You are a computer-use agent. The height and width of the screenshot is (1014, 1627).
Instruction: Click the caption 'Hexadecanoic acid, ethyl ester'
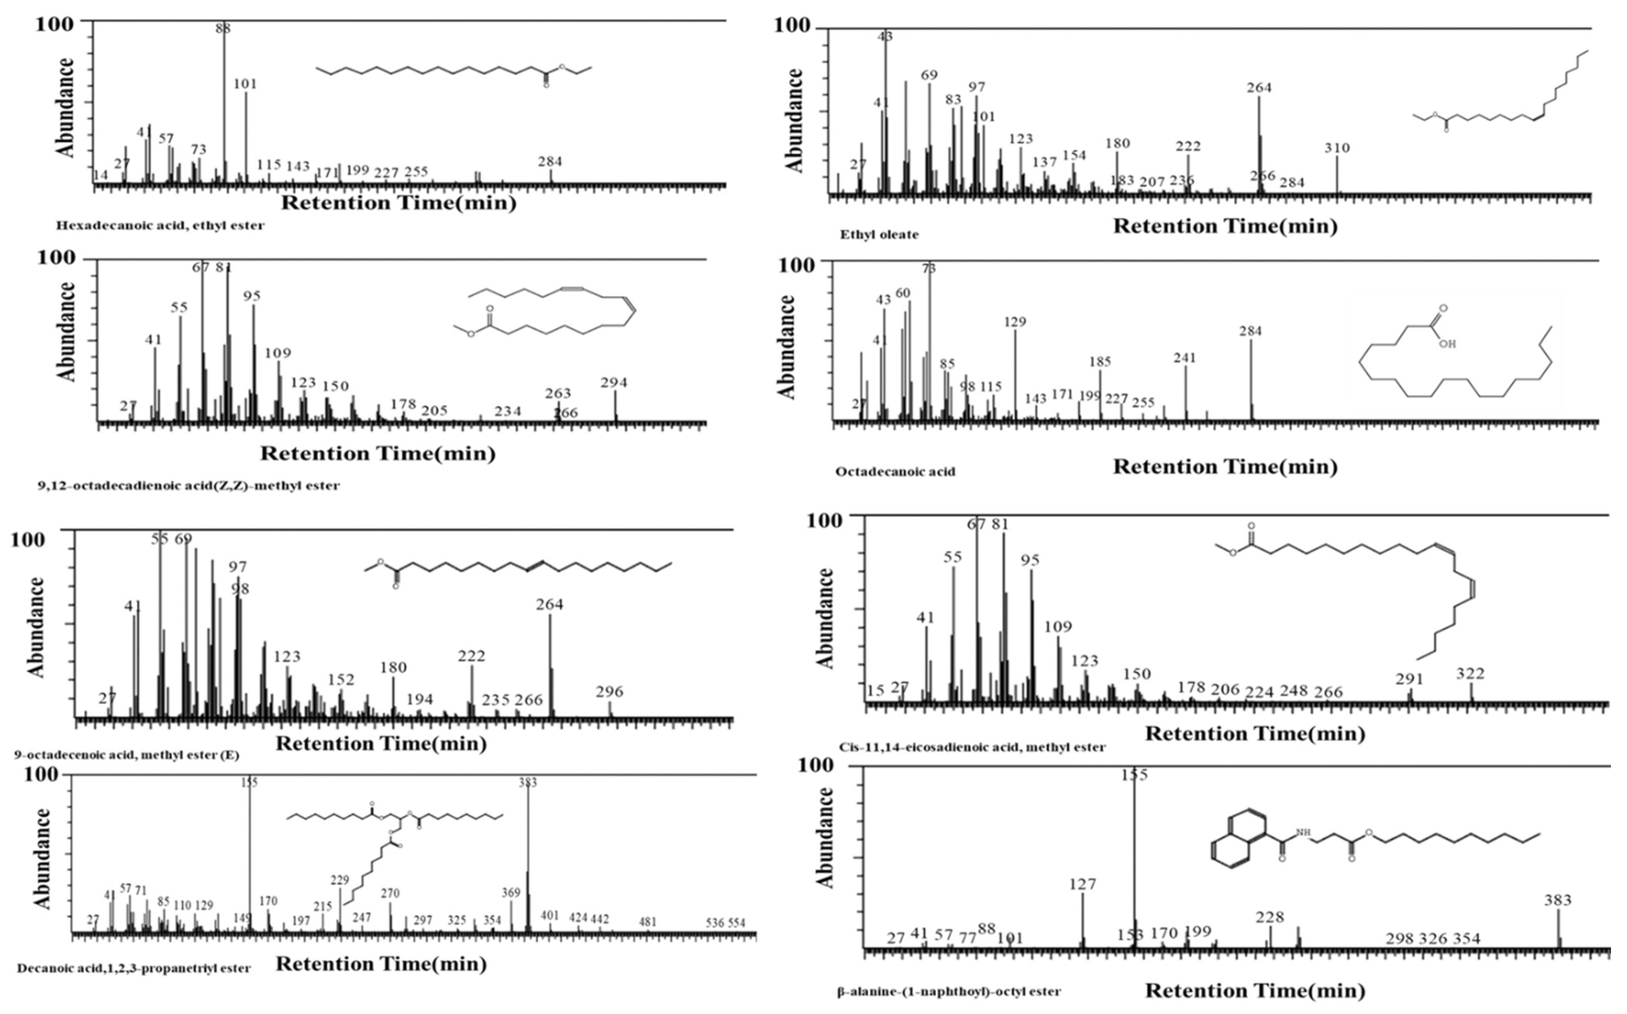160,225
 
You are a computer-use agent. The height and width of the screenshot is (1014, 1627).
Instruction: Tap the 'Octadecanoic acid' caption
895,472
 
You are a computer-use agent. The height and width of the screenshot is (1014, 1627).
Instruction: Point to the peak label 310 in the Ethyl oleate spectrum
1337,148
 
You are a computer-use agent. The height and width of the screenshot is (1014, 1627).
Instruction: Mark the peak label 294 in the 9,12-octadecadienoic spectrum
614,382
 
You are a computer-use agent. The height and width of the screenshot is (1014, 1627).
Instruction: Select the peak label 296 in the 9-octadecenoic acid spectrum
609,691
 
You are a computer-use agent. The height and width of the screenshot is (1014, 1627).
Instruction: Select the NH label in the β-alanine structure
1303,833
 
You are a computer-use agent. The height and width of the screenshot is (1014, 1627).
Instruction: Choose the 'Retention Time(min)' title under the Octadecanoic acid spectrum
1225,467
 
